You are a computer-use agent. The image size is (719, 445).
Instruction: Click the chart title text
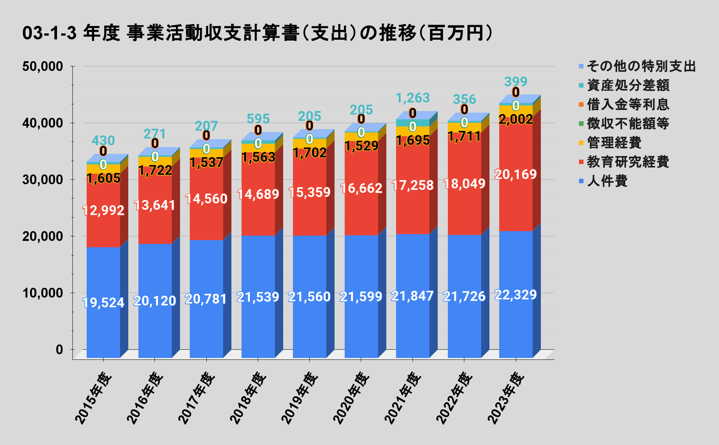(x=257, y=33)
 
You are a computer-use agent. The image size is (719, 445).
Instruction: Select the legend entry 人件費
(x=607, y=181)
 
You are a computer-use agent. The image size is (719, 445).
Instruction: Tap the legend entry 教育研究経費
(x=628, y=162)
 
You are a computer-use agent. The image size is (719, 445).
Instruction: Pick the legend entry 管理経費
(x=614, y=143)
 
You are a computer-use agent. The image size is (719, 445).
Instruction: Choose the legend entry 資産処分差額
(x=628, y=86)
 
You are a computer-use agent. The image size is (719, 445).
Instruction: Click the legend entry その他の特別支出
(x=641, y=66)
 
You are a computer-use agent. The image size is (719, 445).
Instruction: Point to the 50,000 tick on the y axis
(x=42, y=66)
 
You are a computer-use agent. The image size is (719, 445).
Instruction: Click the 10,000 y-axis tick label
(x=42, y=293)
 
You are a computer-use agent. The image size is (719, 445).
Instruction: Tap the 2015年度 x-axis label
(x=94, y=398)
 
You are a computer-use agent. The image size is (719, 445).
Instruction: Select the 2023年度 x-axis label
(x=506, y=398)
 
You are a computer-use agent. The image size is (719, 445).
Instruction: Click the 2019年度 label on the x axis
(x=300, y=398)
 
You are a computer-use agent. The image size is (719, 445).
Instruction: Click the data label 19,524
(x=103, y=302)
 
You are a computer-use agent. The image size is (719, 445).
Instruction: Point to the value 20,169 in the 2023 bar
(x=516, y=174)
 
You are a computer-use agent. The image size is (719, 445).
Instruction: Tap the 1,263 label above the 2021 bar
(x=413, y=98)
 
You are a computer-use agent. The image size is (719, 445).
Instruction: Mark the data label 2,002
(x=516, y=119)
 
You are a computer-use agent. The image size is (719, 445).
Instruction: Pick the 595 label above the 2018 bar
(x=258, y=119)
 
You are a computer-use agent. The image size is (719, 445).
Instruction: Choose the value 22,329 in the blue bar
(x=516, y=295)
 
